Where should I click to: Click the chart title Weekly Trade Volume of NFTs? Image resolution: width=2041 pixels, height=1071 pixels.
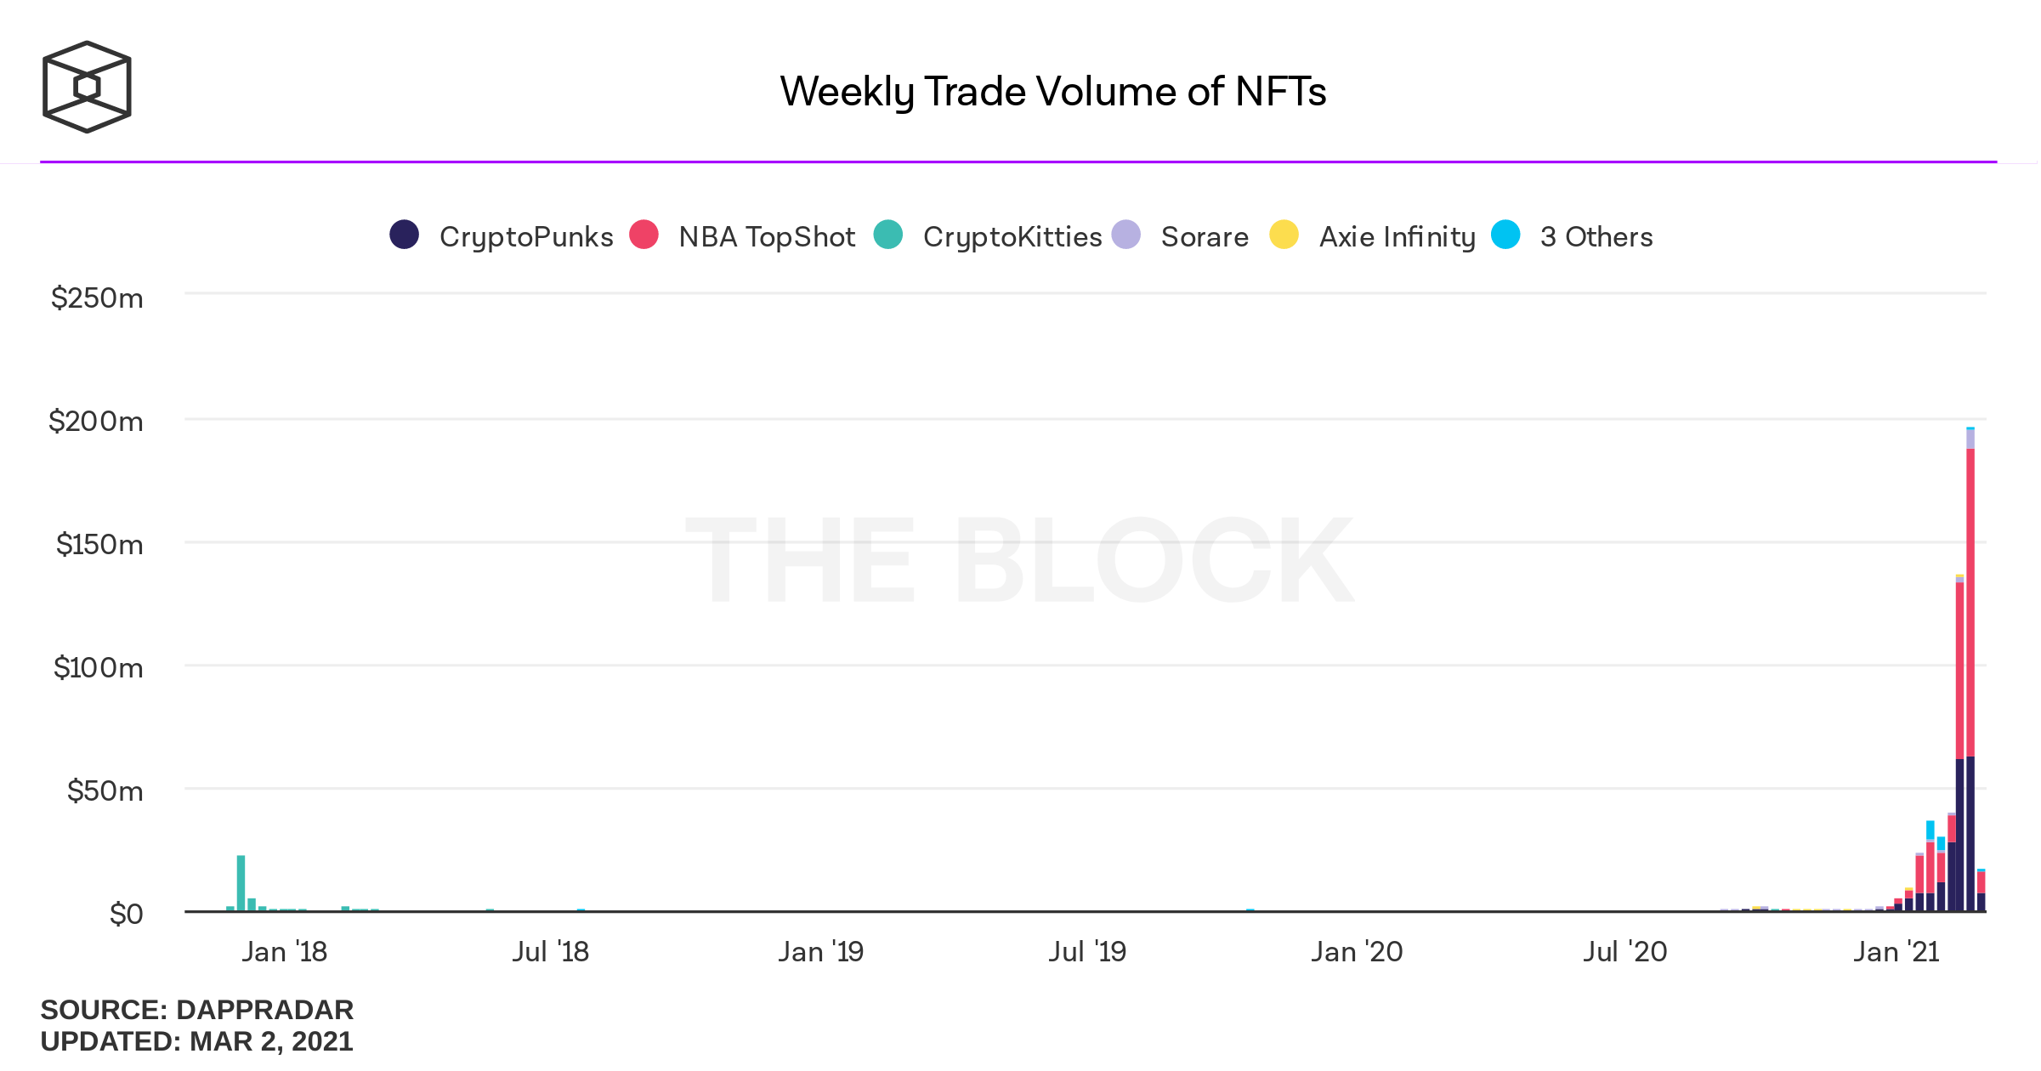[1052, 92]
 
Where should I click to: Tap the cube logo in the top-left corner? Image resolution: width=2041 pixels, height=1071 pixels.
[87, 87]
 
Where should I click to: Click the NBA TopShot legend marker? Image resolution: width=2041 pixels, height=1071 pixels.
[643, 235]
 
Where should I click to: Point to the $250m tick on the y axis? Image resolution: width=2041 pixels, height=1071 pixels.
[97, 298]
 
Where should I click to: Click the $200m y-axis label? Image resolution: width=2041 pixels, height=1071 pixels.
[96, 422]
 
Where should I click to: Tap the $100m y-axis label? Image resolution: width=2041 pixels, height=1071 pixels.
[99, 668]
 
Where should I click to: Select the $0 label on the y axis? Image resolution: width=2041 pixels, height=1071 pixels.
[126, 915]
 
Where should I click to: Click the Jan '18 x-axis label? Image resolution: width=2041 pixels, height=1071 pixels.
[284, 952]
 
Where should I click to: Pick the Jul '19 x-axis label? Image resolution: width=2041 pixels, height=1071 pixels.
[1087, 952]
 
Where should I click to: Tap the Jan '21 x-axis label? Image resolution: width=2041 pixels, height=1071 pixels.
[1896, 952]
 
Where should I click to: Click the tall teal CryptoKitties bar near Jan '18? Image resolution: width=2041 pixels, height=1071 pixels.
[241, 884]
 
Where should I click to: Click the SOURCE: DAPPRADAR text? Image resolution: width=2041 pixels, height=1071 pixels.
[196, 1010]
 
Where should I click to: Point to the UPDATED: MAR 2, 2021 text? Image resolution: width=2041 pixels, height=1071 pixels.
[196, 1041]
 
